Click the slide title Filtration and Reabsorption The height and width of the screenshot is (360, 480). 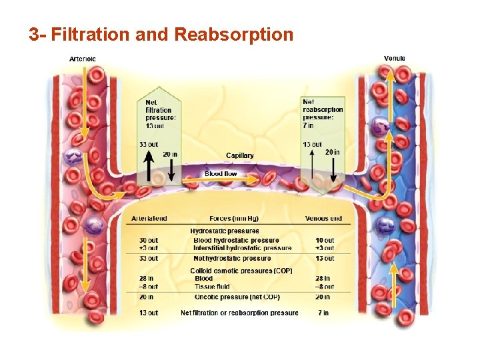point(161,35)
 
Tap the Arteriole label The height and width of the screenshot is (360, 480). point(83,59)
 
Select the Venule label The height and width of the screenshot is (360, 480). point(395,59)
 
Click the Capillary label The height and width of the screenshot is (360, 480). point(240,155)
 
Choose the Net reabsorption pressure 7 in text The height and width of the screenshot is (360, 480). point(323,113)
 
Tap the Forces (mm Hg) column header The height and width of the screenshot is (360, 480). point(234,219)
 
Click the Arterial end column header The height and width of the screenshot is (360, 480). point(149,219)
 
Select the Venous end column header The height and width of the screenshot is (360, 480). point(323,219)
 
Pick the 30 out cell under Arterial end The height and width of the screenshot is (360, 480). point(149,240)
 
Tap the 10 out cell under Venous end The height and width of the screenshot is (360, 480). point(325,240)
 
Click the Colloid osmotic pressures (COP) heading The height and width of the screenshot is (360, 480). point(231,271)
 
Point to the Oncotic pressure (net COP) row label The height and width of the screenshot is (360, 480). point(237,297)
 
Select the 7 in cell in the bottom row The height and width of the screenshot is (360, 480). point(323,313)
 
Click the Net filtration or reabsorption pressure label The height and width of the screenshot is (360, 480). point(239,313)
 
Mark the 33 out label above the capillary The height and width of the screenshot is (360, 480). point(149,143)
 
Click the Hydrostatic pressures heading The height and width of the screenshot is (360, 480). point(225,231)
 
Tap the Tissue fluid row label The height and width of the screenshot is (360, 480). point(211,287)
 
